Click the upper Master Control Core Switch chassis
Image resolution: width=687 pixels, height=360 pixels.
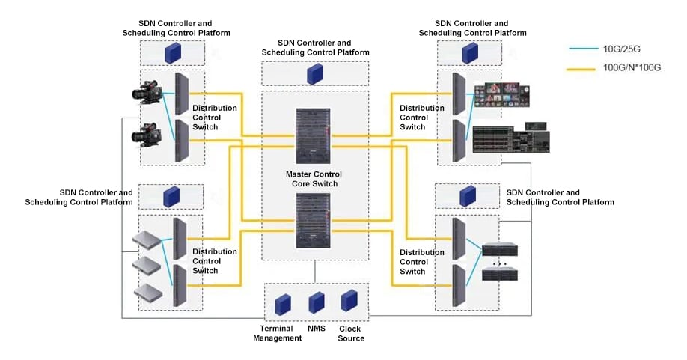pos(314,138)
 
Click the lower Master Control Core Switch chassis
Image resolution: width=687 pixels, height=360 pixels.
pos(314,222)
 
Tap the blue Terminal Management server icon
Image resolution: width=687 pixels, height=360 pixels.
pos(282,304)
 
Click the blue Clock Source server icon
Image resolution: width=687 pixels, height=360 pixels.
pos(349,301)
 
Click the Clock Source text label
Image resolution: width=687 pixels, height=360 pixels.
pos(350,333)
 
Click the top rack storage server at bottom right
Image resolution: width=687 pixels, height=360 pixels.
pos(501,251)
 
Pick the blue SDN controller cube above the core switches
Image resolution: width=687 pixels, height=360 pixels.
pos(314,73)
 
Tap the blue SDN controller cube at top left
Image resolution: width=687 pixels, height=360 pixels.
pos(174,52)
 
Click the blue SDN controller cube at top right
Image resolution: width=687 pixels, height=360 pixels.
pos(469,52)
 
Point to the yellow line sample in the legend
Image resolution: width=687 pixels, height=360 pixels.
pos(584,68)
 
